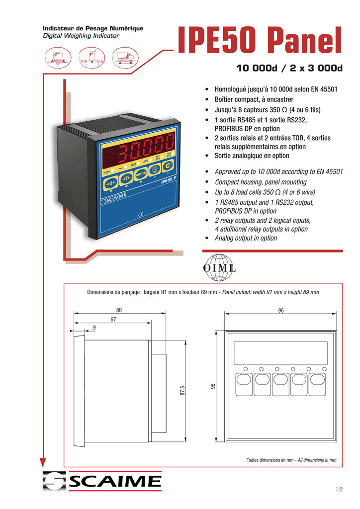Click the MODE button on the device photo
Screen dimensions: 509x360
point(141,174)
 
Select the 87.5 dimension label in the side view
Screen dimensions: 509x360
point(182,390)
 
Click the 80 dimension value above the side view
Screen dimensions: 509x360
point(119,310)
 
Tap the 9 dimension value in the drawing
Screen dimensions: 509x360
point(94,327)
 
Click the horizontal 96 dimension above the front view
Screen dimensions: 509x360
point(281,310)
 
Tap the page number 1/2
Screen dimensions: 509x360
point(339,490)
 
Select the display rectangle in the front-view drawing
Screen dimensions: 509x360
point(280,352)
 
